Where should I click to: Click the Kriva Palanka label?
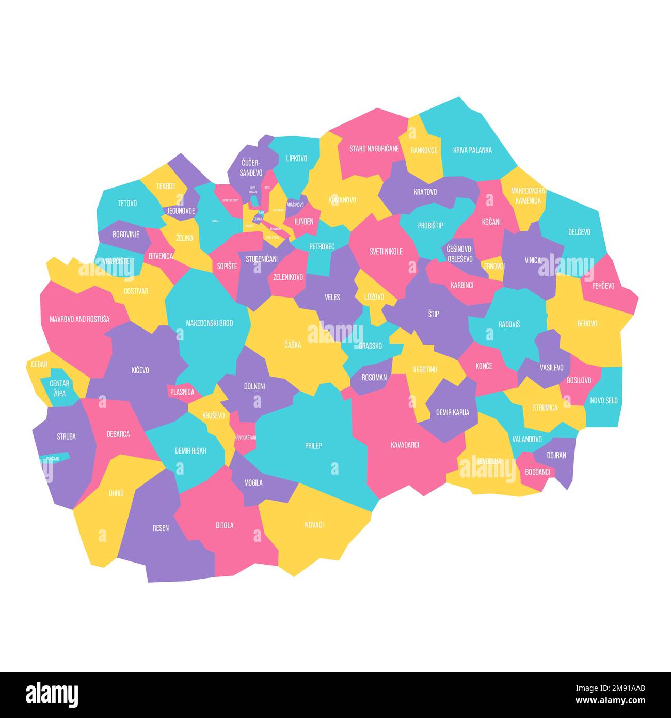pyautogui.click(x=472, y=150)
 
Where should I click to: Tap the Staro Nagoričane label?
pyautogui.click(x=374, y=149)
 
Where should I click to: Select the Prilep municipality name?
pyautogui.click(x=313, y=445)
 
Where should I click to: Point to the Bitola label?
pyautogui.click(x=225, y=525)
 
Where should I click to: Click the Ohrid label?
pyautogui.click(x=116, y=493)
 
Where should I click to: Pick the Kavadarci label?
pyautogui.click(x=405, y=444)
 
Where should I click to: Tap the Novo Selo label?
pyautogui.click(x=604, y=400)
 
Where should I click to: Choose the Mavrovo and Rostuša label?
pyautogui.click(x=79, y=319)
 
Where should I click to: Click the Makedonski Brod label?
pyautogui.click(x=209, y=323)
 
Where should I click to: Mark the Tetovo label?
pyautogui.click(x=127, y=204)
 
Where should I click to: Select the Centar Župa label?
pyautogui.click(x=59, y=388)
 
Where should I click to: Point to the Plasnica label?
pyautogui.click(x=182, y=392)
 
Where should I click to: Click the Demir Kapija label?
pyautogui.click(x=453, y=412)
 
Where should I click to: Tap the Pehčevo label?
pyautogui.click(x=603, y=285)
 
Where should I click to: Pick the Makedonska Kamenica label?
pyautogui.click(x=528, y=195)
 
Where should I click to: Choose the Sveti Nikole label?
pyautogui.click(x=386, y=252)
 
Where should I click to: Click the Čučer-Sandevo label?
pyautogui.click(x=251, y=167)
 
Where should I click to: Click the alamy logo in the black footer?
pyautogui.click(x=52, y=694)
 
